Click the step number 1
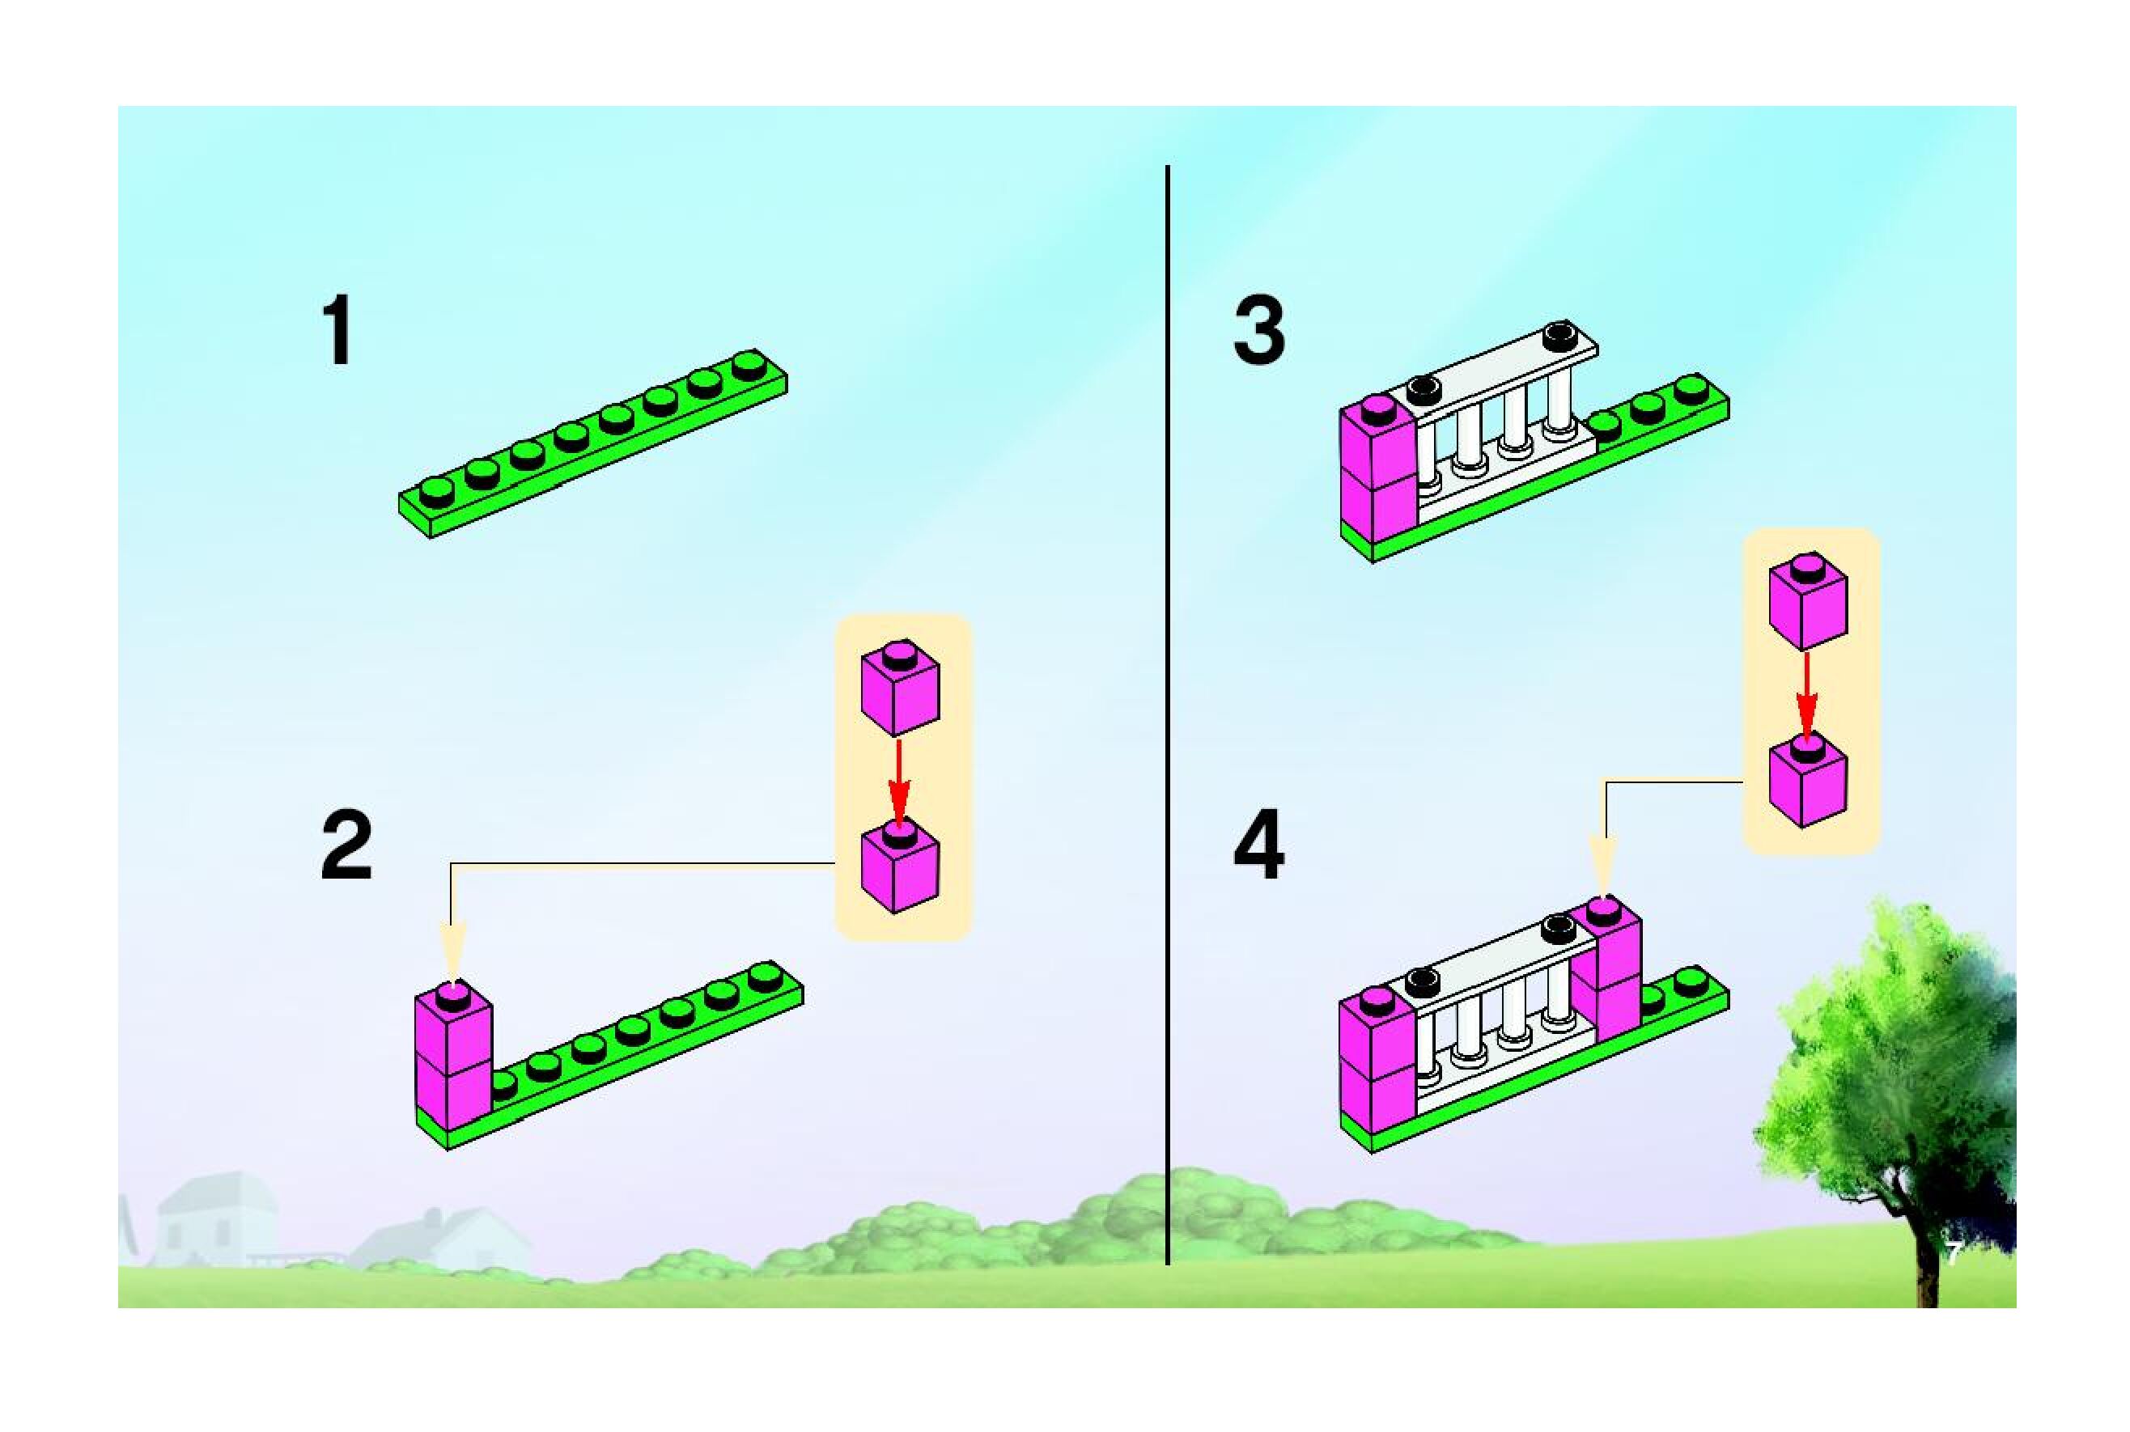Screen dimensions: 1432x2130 [x=338, y=331]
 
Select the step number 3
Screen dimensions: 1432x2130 [x=1258, y=331]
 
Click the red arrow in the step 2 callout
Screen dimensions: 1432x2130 [x=900, y=781]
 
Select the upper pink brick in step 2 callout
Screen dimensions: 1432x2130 [x=901, y=689]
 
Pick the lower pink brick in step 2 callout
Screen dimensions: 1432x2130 [x=901, y=867]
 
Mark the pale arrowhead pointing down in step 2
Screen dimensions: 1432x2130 [x=453, y=950]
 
